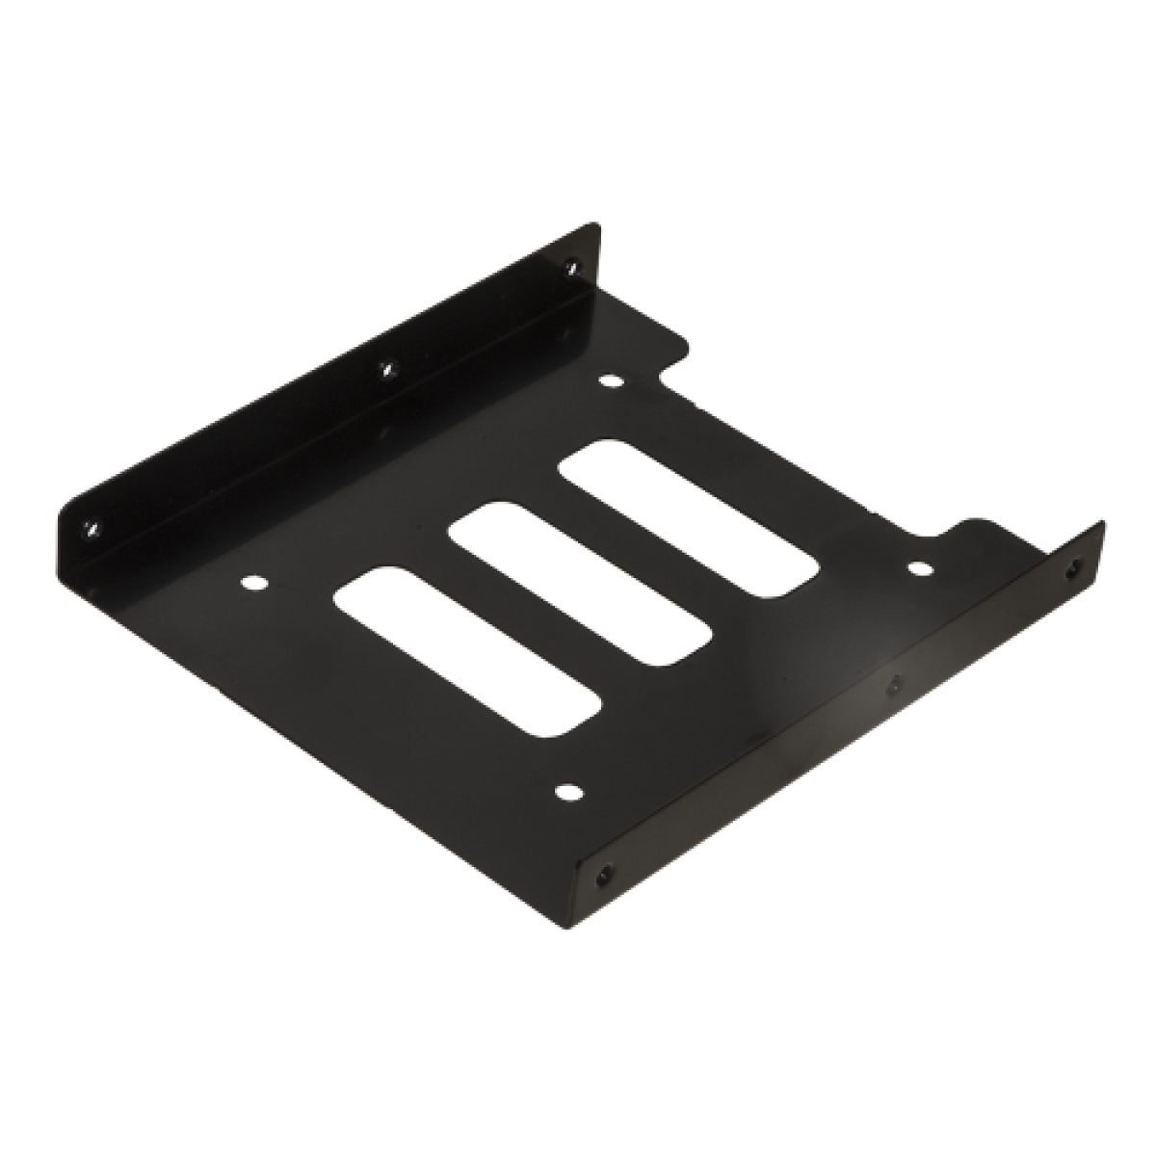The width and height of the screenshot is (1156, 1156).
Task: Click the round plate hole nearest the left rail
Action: point(253,583)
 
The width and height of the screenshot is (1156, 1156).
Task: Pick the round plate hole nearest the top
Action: point(609,381)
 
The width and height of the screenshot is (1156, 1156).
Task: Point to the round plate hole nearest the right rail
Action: point(920,568)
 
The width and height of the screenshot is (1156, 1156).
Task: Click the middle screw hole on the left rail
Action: point(387,367)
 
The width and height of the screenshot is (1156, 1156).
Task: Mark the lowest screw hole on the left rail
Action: point(91,526)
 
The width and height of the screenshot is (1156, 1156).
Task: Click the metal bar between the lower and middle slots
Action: point(525,613)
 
